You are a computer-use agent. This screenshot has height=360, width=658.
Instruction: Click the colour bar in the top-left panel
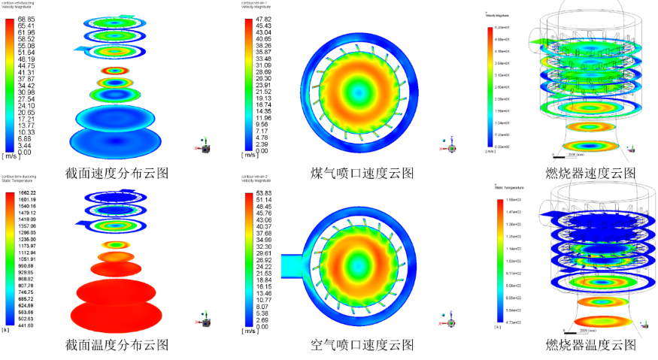10,85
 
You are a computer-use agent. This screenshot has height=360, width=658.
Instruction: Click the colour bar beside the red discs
10,258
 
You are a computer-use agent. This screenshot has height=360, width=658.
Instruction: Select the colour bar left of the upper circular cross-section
249,85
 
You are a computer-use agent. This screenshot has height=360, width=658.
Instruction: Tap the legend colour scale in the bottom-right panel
500,260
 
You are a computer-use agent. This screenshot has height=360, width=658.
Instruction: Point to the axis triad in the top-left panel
204,145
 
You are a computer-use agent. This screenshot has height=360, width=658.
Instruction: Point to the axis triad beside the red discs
204,319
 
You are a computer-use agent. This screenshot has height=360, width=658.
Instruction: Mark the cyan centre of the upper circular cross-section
359,92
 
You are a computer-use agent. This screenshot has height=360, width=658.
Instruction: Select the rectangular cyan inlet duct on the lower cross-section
292,266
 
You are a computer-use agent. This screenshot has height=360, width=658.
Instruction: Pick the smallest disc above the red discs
115,244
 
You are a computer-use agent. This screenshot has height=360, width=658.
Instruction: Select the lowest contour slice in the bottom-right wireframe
603,322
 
